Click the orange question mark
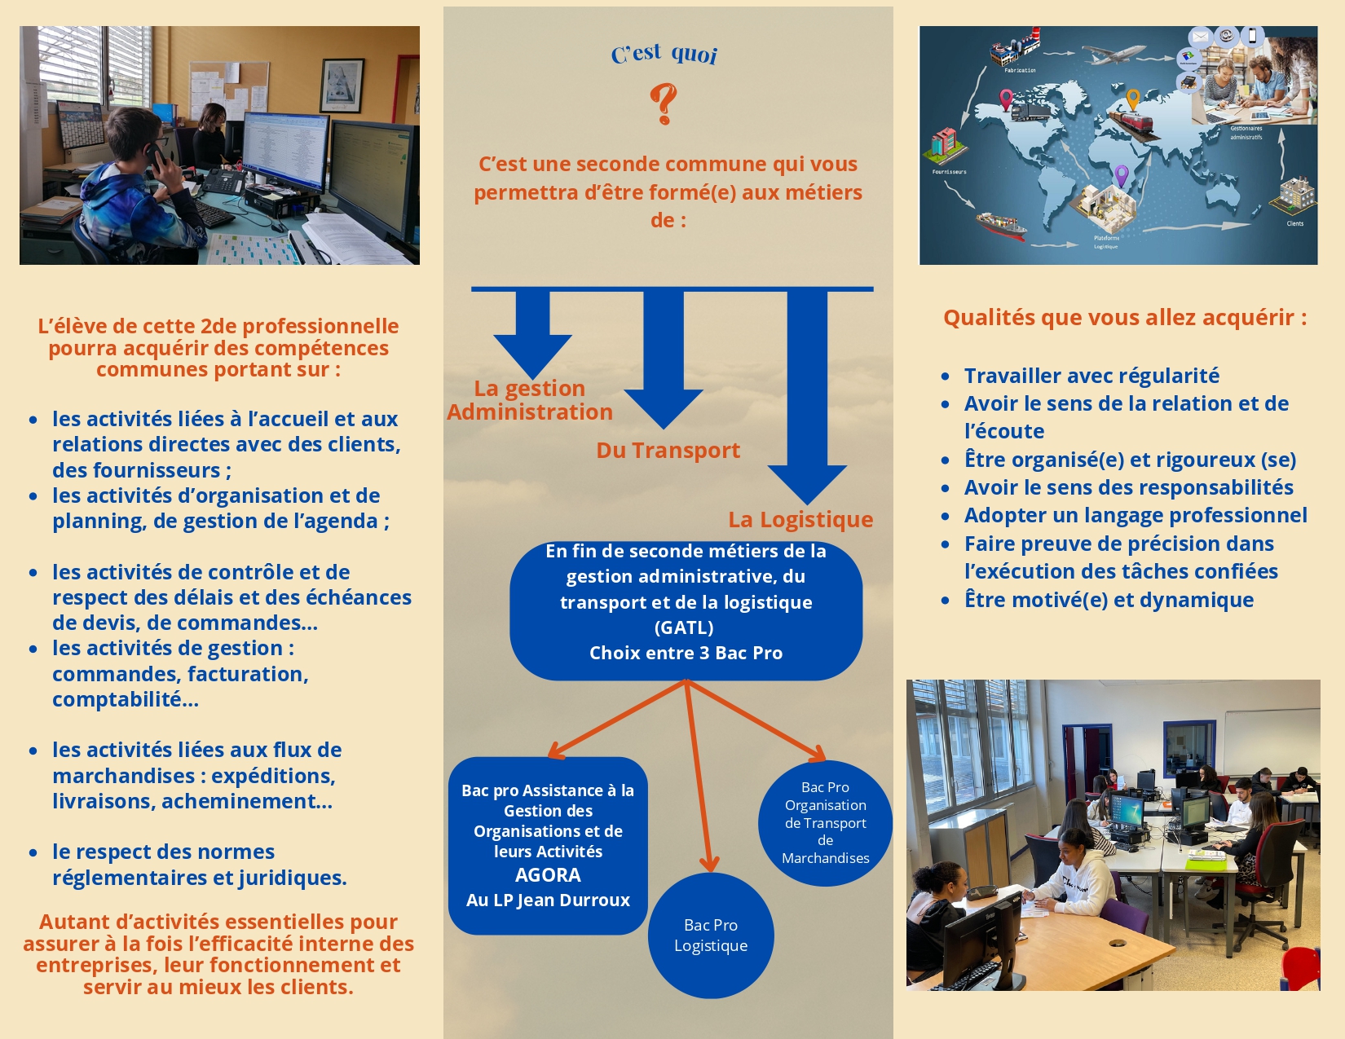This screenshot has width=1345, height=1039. pos(664,104)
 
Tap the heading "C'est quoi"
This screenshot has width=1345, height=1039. pos(664,54)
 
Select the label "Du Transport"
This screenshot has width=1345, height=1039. pos(668,450)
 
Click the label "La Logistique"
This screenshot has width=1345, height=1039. pos(800,519)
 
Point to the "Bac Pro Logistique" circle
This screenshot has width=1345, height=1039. pos(711,935)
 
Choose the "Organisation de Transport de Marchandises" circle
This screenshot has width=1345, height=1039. pos(825,822)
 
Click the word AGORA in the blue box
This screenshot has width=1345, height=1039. pos(548,874)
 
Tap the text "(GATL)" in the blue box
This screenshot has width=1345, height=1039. pos(684,627)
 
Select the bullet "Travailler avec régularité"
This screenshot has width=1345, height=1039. pos(1091,376)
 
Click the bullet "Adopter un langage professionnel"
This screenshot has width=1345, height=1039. pos(1136,515)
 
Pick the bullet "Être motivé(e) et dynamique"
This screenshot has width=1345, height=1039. pos(1109,600)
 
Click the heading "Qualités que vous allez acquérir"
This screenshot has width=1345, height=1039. pos(1125,318)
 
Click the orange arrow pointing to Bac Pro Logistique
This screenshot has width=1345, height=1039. pos(699,776)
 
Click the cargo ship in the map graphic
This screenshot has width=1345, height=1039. pos(1001,226)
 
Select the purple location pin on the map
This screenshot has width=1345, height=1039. pos(1121,176)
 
